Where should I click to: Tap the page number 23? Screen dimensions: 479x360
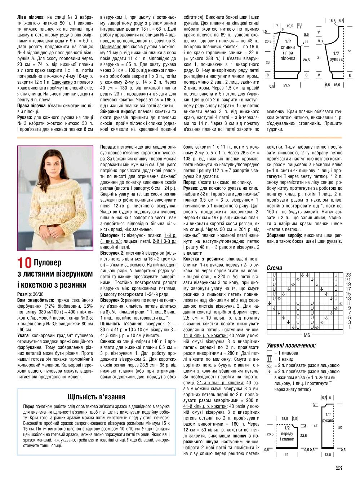point(338,468)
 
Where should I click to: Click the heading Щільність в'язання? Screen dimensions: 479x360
point(96,397)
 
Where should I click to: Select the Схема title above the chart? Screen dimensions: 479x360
point(274,268)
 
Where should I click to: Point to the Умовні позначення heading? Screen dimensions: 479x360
point(291,345)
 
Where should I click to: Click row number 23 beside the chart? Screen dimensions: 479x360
point(348,275)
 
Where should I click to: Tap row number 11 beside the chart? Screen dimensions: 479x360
point(348,303)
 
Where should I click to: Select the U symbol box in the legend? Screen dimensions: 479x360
point(269,359)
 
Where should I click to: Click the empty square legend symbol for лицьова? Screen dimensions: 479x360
point(269,353)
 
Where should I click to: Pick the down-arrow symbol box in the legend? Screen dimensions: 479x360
point(269,372)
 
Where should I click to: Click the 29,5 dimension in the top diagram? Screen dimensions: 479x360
point(286,85)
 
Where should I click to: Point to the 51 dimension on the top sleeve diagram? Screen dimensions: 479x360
point(349,51)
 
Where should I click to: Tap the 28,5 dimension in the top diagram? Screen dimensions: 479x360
point(306,60)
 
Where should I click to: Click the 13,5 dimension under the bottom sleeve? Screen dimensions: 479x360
point(327,454)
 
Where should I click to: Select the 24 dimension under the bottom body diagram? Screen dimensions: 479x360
point(286,454)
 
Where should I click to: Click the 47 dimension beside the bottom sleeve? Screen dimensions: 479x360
point(315,426)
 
